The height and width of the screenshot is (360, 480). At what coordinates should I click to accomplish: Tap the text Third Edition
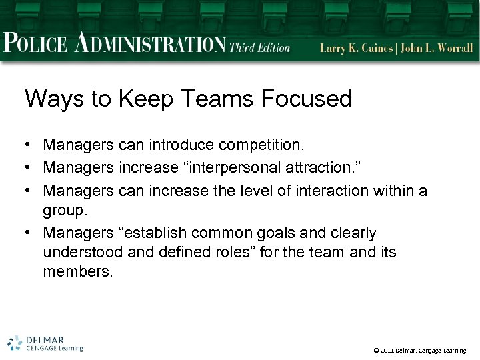[x=260, y=47]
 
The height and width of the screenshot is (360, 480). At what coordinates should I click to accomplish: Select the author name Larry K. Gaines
[x=354, y=48]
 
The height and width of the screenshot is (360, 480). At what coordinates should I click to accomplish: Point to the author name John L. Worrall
[x=437, y=48]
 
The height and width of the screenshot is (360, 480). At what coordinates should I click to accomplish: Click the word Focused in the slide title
[x=306, y=99]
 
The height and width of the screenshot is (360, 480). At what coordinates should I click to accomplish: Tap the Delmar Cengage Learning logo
[x=45, y=343]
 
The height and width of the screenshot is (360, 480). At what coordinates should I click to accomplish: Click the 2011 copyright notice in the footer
[x=420, y=350]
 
